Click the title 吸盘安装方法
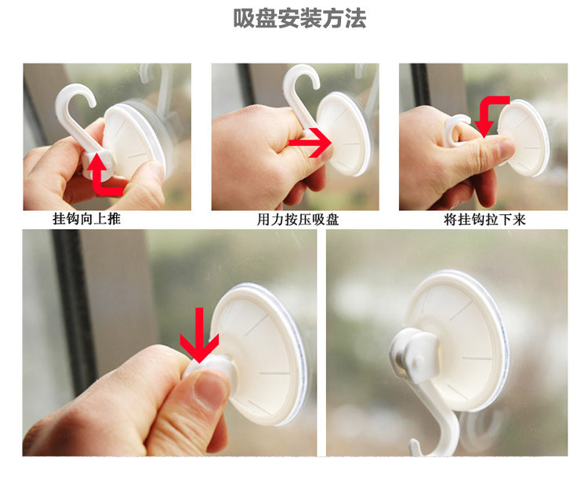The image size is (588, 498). (299, 18)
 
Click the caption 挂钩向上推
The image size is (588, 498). (86, 219)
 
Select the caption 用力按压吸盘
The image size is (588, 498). (298, 220)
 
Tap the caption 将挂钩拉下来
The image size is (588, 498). (485, 220)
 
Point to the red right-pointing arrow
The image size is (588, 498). (310, 143)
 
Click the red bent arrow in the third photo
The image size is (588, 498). (488, 112)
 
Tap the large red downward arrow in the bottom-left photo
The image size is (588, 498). (199, 335)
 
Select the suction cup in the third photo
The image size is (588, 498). (524, 137)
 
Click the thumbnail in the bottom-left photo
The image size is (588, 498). (211, 391)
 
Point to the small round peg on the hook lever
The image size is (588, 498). (418, 362)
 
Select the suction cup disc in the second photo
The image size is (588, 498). (344, 134)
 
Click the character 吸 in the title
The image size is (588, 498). (244, 19)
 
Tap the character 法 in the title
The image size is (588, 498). (355, 19)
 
